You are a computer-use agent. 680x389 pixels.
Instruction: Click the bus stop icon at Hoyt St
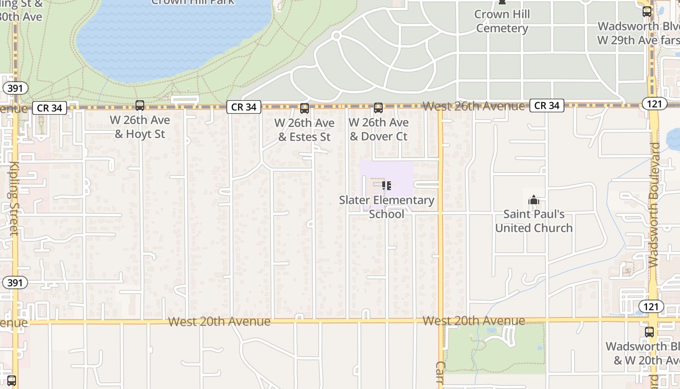pos(140,106)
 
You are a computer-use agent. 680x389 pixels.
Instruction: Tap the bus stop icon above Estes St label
pos(305,108)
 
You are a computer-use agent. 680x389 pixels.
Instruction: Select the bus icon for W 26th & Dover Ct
pos(378,108)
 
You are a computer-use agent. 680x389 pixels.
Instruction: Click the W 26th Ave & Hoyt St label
pos(140,127)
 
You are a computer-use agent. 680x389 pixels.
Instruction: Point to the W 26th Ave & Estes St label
pos(305,130)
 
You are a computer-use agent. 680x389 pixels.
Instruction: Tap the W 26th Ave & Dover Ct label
pos(379,129)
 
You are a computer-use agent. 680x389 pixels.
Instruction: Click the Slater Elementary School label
pos(387,207)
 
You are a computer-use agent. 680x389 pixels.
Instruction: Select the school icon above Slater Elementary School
pos(387,185)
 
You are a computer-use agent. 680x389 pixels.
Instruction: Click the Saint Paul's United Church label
pos(534,221)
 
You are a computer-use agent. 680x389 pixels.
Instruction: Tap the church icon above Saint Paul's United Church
pos(534,200)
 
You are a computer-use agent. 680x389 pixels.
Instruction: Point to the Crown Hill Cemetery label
pos(502,21)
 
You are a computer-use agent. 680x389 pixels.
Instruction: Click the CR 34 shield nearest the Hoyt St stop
pos(50,108)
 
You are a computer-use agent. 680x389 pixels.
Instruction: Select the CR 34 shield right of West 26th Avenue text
pos(547,106)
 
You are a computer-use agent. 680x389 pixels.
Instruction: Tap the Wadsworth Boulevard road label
pos(654,204)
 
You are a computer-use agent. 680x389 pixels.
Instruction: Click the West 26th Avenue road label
pos(474,106)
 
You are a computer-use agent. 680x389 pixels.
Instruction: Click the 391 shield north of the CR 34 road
pos(15,88)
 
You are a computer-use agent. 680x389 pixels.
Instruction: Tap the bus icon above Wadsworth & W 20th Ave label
pos(649,332)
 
